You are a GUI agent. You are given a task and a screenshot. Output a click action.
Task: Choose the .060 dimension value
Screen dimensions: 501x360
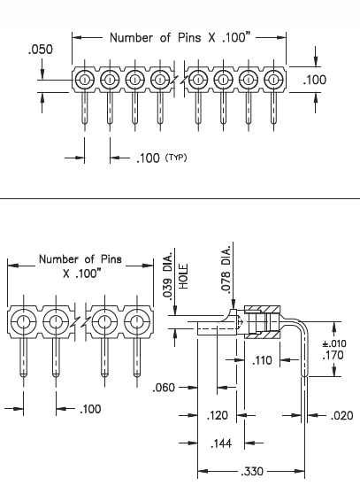(x=165, y=387)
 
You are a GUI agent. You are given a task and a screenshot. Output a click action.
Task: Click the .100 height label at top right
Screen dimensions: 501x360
(x=315, y=81)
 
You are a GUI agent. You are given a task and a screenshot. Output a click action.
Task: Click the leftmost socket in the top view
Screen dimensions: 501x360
(x=84, y=80)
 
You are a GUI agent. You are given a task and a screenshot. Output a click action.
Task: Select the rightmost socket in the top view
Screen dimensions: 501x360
(x=273, y=80)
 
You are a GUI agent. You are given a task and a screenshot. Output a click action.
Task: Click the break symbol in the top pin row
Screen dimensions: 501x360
(x=180, y=80)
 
